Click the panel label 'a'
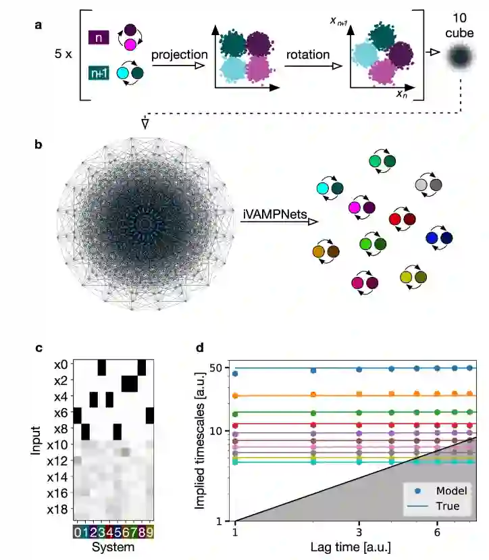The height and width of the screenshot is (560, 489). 38,26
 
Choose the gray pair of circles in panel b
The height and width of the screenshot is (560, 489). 429,184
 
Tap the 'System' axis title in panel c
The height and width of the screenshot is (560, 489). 113,546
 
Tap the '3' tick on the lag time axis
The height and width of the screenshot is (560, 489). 359,531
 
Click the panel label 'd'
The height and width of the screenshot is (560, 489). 199,348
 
